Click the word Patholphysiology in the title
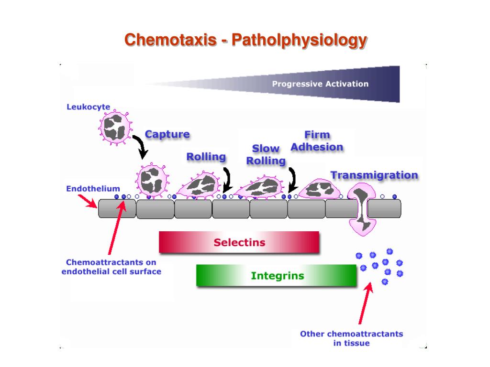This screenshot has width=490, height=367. pos(299,40)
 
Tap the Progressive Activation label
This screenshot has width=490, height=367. pos(320,84)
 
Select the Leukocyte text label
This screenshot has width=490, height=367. pos(88,107)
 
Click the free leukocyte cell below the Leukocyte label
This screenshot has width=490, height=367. pos(115,127)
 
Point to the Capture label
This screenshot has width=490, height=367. pos(167,134)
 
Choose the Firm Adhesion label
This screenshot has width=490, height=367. pos(317,141)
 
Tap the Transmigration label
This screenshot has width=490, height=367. pos(374,175)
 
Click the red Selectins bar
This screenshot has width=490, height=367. pos(239,242)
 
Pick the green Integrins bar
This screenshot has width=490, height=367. pos(277,276)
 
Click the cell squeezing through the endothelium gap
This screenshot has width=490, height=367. pos(362,210)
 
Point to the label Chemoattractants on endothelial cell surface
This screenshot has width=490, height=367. pos(111,267)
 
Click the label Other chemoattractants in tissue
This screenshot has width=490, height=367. pos(351,338)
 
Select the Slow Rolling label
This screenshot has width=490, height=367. pos(266,155)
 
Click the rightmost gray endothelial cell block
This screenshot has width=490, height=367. pos(384,208)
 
